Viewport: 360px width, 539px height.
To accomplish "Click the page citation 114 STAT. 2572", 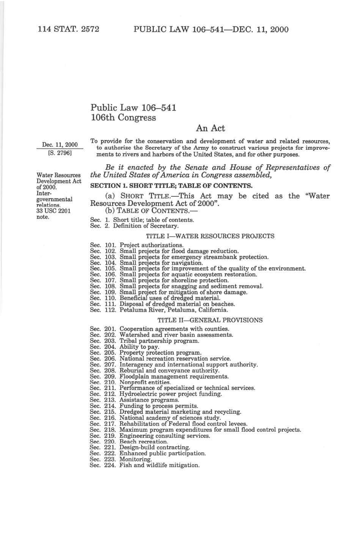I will coord(68,29).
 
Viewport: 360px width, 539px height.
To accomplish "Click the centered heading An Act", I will coord(210,128).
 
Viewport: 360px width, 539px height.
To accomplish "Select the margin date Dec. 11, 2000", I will coord(60,145).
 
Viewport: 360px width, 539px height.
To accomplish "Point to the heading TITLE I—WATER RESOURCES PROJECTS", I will coord(210,236).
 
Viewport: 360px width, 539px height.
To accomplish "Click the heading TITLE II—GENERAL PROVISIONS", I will coord(210,320).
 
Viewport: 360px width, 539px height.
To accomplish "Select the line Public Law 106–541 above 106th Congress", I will coord(133,108).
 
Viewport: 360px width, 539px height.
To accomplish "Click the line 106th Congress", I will coord(123,118).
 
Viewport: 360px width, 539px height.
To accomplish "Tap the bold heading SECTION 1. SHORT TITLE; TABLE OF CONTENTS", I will coord(171,186).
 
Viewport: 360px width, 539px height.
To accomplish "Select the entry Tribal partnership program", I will coord(159,341).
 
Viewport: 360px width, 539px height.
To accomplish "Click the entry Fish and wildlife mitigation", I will coord(159,465).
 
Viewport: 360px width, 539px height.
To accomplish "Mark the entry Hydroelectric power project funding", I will coord(170,394).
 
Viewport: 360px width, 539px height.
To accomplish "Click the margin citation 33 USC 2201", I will coord(53,211).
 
